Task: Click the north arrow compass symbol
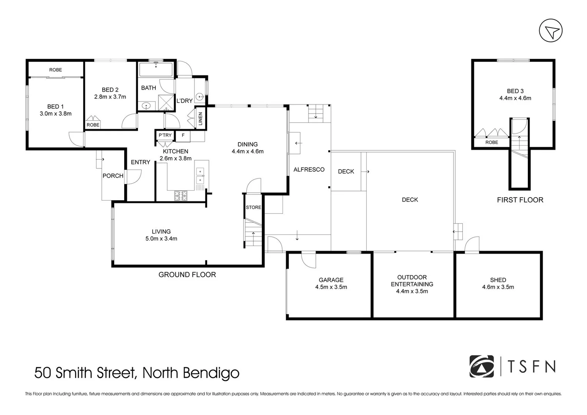pyautogui.click(x=550, y=31)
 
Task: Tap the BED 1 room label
pyautogui.click(x=55, y=106)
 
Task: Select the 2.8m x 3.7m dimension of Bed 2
pyautogui.click(x=110, y=97)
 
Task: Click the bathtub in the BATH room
pyautogui.click(x=156, y=70)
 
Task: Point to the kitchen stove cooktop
pyautogui.click(x=181, y=196)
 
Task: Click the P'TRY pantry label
pyautogui.click(x=165, y=135)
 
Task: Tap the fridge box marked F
pyautogui.click(x=183, y=135)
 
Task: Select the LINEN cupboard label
pyautogui.click(x=200, y=118)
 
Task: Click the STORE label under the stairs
pyautogui.click(x=253, y=207)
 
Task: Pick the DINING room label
pyautogui.click(x=248, y=144)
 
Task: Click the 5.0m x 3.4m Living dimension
pyautogui.click(x=161, y=239)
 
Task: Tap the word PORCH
pyautogui.click(x=113, y=176)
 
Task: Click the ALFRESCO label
pyautogui.click(x=309, y=169)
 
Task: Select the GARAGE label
pyautogui.click(x=331, y=280)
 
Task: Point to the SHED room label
pyautogui.click(x=498, y=280)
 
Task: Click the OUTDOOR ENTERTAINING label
pyautogui.click(x=412, y=281)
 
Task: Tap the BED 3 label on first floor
pyautogui.click(x=515, y=91)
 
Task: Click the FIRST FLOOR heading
pyautogui.click(x=520, y=200)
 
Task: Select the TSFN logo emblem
pyautogui.click(x=481, y=367)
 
